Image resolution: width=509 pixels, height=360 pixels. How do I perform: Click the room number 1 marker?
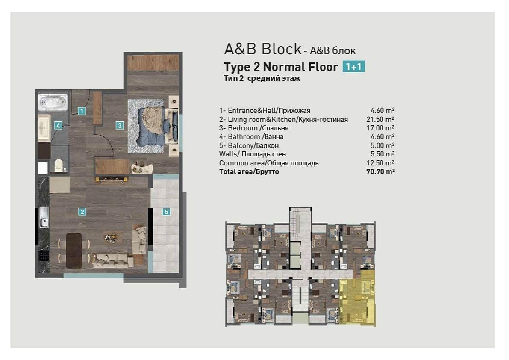coord(82,111)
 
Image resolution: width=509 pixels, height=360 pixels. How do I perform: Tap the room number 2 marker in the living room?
coord(82,212)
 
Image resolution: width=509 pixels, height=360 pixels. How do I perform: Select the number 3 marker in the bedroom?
coord(120,125)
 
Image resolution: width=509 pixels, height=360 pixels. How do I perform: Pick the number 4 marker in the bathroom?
coord(58,125)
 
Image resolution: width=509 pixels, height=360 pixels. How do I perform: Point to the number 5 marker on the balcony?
coord(166,212)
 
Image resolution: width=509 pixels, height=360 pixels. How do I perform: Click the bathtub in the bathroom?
coord(53,102)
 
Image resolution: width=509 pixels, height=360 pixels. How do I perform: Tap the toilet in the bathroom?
coord(59,165)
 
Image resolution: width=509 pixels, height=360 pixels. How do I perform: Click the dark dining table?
coord(74,251)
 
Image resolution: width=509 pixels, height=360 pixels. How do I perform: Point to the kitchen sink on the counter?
coord(44,217)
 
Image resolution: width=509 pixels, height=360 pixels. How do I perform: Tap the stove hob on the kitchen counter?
coord(44,255)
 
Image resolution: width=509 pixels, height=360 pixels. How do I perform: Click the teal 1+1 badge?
coord(353,67)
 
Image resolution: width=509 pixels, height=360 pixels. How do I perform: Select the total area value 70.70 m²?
coord(380,172)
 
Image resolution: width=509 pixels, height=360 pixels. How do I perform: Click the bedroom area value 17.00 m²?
coord(380,128)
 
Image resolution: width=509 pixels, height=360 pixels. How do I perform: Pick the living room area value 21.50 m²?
coord(380,119)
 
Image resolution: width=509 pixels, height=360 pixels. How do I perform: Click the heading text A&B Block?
coord(262,49)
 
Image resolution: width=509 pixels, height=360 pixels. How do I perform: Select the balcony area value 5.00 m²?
coord(382,146)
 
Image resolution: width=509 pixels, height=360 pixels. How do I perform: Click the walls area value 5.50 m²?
coord(382,154)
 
